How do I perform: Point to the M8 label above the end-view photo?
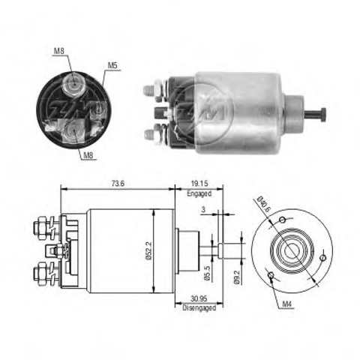click(58, 51)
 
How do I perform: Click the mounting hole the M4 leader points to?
click(270, 276)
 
